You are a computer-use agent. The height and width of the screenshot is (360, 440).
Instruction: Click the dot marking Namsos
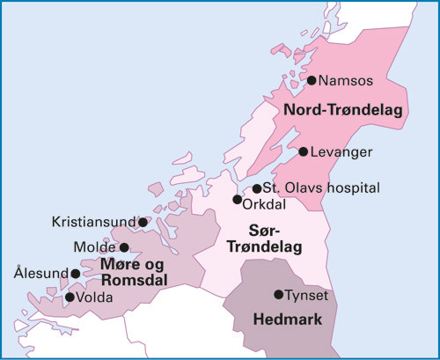(312, 80)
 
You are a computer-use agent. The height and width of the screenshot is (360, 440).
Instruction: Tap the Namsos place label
(346, 81)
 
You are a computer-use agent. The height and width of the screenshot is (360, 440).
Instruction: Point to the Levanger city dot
(304, 151)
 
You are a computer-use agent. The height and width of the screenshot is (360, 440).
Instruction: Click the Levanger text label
(342, 152)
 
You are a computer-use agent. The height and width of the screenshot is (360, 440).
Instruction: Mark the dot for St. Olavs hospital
(257, 188)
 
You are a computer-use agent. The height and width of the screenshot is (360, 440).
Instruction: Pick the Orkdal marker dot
(237, 200)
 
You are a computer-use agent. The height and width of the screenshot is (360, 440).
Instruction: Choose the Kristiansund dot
(143, 223)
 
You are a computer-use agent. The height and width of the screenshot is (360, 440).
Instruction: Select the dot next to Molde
(124, 247)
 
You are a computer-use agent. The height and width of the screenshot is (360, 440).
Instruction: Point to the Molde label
(96, 247)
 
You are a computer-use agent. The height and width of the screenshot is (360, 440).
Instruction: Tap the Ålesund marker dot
(75, 274)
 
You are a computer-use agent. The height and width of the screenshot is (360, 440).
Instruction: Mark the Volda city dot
(70, 297)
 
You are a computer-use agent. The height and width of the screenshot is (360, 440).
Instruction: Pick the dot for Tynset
(278, 294)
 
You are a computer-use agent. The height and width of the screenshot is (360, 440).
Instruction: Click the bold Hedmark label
(285, 318)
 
